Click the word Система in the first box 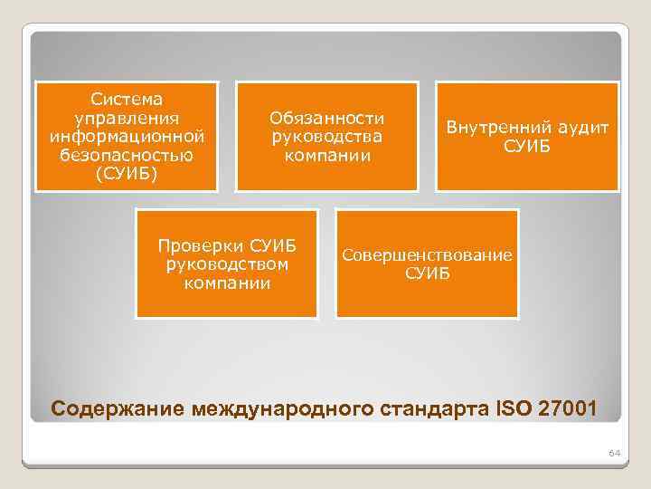(127, 98)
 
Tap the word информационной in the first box (127, 136)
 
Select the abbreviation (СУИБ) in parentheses (127, 174)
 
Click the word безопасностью (127, 155)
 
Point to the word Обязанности (327, 118)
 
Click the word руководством (226, 264)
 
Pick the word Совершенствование (427, 254)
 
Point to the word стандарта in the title (428, 407)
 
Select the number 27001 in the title (568, 407)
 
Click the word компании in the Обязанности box (327, 156)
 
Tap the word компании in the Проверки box (226, 283)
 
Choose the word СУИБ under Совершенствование (427, 273)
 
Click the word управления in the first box (127, 117)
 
